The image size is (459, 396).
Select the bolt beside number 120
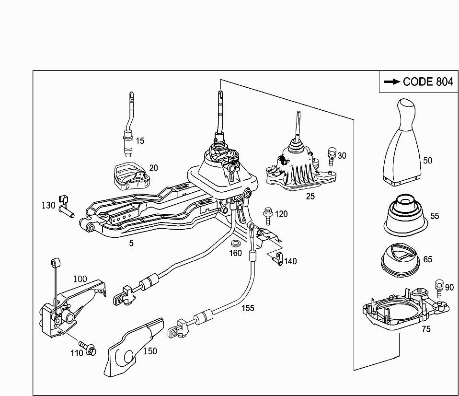point(267,216)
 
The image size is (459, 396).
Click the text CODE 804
point(427,82)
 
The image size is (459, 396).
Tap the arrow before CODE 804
point(392,82)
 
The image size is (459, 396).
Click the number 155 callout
point(248,308)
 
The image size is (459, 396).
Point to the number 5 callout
point(131,243)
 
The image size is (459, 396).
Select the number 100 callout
point(80,279)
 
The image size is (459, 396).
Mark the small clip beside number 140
point(277,259)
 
